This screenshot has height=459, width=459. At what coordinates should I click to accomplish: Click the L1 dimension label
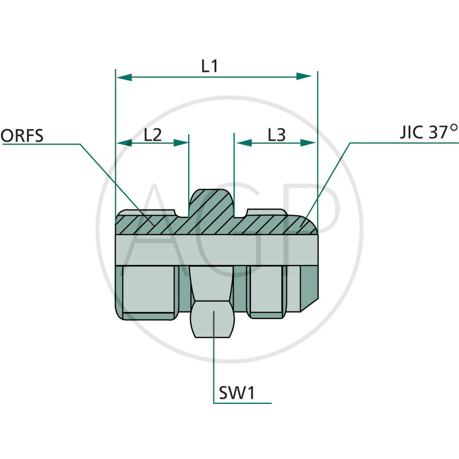pos(209,66)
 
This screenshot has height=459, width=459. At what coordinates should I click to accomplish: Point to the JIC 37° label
pos(428,133)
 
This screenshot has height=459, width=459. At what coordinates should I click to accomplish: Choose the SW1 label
pos(237,394)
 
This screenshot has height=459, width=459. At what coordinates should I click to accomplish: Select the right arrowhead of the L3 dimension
pos(309,143)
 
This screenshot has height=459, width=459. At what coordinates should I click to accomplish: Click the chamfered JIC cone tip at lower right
pos(309,287)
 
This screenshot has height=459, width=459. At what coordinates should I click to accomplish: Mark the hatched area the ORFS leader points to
pos(146,221)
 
